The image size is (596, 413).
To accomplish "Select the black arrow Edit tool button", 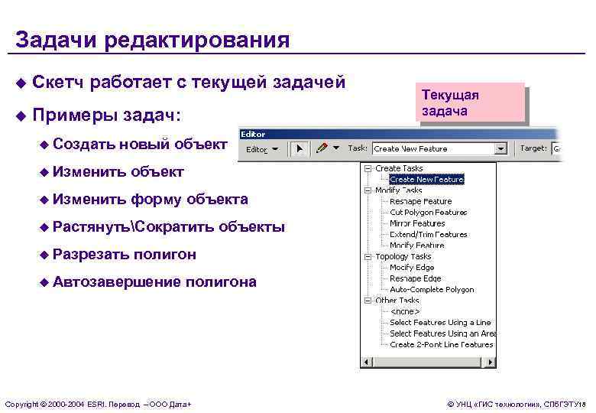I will [x=300, y=148].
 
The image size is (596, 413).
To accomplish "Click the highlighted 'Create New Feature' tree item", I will [x=426, y=180].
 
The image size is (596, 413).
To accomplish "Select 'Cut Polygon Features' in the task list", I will [x=428, y=213].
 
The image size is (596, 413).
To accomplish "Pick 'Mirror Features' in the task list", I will [x=417, y=223].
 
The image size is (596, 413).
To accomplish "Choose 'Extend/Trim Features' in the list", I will [x=428, y=235].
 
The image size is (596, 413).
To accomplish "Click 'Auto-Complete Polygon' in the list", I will [x=432, y=290].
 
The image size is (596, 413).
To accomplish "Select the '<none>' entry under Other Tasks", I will [x=403, y=312].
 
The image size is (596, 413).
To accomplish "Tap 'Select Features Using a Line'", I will [x=440, y=323].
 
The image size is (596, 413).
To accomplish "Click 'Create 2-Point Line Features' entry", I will [x=441, y=345].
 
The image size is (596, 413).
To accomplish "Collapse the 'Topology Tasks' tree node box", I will [x=369, y=257].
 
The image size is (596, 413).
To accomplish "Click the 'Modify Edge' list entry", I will [x=412, y=268].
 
